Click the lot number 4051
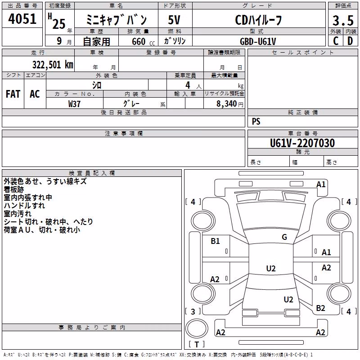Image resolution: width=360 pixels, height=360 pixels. tap(22, 19)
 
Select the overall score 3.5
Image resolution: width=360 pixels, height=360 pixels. tap(343, 20)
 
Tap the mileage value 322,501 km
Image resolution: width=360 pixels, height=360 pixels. tap(53, 65)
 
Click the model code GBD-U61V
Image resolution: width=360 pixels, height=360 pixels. tap(258, 41)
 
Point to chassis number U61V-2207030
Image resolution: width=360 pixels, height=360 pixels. tap(302, 143)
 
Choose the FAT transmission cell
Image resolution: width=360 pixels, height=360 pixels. tap(13, 94)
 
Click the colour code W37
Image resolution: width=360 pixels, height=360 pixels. tap(74, 104)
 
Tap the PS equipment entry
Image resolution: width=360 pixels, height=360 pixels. tap(256, 121)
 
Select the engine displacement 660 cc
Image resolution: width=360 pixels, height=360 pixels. tap(143, 42)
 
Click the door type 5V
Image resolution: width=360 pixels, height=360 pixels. tap(174, 20)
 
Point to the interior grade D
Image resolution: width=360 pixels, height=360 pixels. tap(350, 41)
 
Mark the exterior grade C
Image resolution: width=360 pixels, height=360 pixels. tap(336, 41)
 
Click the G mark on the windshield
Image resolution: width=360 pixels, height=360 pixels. tap(284, 237)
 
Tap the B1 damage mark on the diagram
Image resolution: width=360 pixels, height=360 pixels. tap(216, 241)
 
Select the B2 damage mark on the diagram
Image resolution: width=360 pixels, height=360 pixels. tap(320, 308)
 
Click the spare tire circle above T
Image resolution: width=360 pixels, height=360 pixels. tap(197, 328)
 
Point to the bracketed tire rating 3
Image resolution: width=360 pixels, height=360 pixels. tap(193, 311)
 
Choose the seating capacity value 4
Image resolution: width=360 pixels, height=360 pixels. tap(188, 85)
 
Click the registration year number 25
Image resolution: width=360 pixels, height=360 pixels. tap(59, 24)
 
